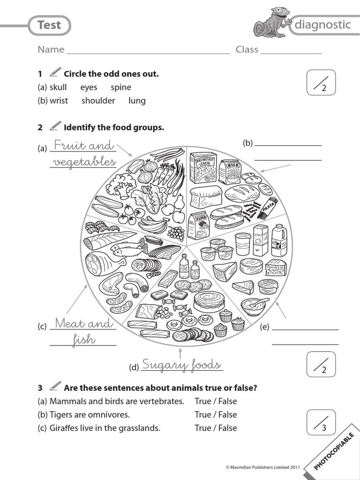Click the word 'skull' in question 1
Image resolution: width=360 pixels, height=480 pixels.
pos(58,87)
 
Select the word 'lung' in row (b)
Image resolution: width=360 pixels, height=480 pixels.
pos(137,100)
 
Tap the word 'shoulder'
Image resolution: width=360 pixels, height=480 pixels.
pos(98,100)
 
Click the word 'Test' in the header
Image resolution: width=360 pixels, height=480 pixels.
pos(49,25)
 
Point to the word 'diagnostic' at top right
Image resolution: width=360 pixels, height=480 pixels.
pos(322,25)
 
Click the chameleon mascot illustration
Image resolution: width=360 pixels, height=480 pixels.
pos(272,22)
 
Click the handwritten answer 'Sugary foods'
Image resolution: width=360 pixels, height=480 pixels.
pos(181,365)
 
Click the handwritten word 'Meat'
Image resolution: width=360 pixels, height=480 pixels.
pos(70,323)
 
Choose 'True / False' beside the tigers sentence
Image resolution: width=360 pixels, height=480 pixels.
pos(216,414)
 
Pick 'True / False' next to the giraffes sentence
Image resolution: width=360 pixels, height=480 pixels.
pos(216,427)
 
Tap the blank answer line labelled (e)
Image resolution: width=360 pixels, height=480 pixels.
pos(305,330)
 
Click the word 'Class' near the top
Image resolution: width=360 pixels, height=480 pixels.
pos(247,50)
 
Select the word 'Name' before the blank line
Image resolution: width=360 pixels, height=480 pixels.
pos(51,50)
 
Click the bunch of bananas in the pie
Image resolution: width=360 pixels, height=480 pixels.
pos(152,225)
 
